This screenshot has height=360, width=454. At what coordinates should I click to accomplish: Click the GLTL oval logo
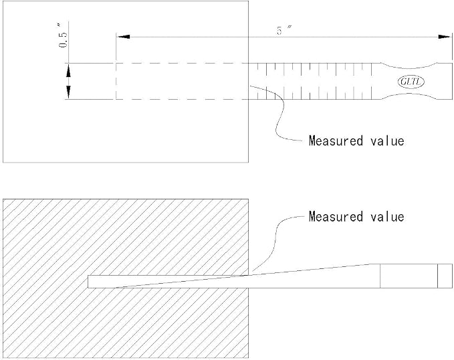click(411, 82)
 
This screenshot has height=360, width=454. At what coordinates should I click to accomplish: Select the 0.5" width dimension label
click(63, 36)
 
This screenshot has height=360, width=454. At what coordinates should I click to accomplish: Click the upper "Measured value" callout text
click(356, 141)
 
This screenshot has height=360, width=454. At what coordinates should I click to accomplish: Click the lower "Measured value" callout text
click(356, 217)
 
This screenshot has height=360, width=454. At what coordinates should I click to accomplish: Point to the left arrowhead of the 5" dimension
click(123, 37)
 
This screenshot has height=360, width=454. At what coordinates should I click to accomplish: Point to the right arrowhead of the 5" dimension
click(445, 37)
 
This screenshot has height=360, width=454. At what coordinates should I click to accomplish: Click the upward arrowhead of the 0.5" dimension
click(68, 70)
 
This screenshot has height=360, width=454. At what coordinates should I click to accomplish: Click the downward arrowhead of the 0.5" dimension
click(68, 92)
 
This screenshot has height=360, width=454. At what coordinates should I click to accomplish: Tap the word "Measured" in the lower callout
click(336, 217)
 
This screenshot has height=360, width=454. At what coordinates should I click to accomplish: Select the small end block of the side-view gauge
click(445, 276)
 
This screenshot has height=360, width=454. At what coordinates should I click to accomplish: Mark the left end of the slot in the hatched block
click(88, 282)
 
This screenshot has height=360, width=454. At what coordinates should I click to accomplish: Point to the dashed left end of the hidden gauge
click(116, 81)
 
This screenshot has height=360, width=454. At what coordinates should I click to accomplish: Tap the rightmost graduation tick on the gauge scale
click(371, 81)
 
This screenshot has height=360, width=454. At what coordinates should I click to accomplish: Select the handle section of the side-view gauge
click(409, 276)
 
